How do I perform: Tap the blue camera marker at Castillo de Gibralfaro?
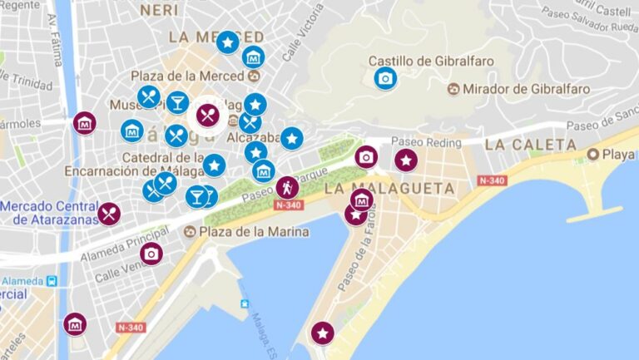(385, 79)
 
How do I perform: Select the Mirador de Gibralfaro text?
(526, 89)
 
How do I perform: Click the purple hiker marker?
(288, 187)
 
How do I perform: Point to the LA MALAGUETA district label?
(389, 189)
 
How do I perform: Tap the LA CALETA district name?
(530, 145)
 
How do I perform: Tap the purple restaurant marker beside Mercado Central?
(109, 214)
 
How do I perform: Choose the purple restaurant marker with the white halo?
(208, 115)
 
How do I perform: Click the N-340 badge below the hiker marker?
(287, 205)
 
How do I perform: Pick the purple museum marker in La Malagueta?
(361, 200)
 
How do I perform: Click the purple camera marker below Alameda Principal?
(151, 254)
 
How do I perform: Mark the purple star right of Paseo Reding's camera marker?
(405, 160)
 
